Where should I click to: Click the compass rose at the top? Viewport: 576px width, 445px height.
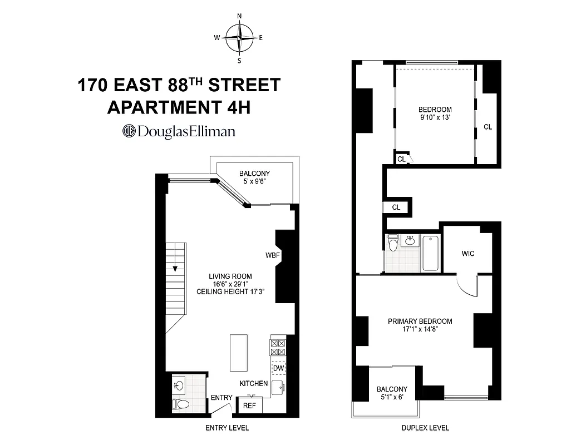(x=239, y=38)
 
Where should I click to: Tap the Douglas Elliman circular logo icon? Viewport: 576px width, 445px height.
(x=129, y=131)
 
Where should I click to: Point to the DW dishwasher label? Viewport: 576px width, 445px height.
(x=278, y=368)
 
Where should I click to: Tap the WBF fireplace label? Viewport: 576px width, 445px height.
(x=272, y=255)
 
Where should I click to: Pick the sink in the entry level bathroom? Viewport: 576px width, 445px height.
(x=179, y=384)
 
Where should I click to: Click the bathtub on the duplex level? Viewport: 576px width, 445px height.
(x=431, y=254)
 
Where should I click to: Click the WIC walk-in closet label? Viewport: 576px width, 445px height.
(x=468, y=254)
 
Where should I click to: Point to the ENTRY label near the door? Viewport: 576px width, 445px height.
(x=221, y=398)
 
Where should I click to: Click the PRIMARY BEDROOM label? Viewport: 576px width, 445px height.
(x=420, y=321)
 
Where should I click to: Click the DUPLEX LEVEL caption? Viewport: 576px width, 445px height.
(x=425, y=428)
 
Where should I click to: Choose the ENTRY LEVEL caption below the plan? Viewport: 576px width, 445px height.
(x=227, y=428)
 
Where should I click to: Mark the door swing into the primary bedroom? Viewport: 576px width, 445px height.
(x=466, y=285)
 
